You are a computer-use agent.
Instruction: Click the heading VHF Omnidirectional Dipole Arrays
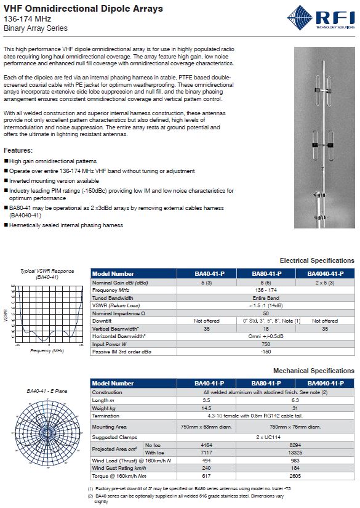(x=83, y=9)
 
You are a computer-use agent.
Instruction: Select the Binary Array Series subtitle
(x=35, y=28)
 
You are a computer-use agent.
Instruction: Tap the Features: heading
(x=18, y=150)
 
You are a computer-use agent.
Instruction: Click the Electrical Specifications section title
(x=317, y=260)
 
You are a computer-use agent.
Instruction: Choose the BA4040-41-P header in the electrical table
(x=325, y=273)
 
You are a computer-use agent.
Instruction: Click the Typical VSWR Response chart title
(x=47, y=271)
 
